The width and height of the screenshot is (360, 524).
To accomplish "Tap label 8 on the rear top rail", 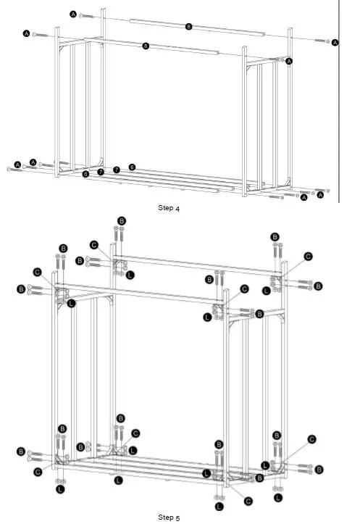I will tap(188, 27).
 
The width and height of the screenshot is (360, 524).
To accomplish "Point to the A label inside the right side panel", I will tap(289, 62).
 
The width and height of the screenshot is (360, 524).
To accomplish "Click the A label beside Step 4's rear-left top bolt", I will tap(73, 14).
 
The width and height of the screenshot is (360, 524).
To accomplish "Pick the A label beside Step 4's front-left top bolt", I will tap(27, 33).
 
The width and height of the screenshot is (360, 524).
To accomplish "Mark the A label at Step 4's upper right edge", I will tap(335, 43).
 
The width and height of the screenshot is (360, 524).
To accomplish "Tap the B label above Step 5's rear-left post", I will tap(121, 220).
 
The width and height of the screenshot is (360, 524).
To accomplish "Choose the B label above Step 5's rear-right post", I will tap(275, 236).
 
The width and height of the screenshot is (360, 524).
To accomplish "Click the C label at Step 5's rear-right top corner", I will tap(308, 256).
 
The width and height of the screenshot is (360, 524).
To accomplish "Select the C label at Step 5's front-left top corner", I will tap(37, 272).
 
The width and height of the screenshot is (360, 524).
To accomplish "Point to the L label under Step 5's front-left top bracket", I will tap(71, 304).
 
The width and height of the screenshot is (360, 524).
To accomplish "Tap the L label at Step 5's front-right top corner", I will tap(208, 317).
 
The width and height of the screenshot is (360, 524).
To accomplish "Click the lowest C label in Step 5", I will tap(248, 500).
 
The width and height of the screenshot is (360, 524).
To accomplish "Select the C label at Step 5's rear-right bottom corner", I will tap(311, 439).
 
